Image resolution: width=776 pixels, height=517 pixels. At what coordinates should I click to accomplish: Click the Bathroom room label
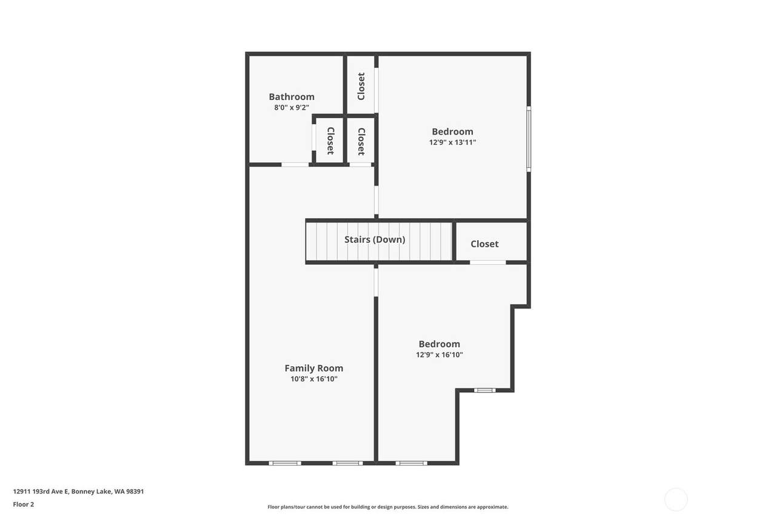(292, 96)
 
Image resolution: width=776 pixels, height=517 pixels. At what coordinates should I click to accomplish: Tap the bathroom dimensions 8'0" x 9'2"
(292, 107)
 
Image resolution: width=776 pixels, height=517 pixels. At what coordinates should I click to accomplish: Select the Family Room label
(314, 368)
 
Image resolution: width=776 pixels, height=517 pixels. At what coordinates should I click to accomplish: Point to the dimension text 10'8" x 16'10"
(314, 379)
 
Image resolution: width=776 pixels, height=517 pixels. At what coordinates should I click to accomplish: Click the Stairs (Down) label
(375, 239)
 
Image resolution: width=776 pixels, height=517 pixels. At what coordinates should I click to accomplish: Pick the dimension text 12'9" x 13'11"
(453, 142)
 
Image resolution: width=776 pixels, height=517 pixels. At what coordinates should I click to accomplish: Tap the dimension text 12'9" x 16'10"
(440, 355)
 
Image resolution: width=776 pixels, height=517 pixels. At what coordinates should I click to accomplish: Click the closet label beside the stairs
(484, 244)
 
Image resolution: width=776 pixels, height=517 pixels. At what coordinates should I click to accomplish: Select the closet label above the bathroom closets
(361, 86)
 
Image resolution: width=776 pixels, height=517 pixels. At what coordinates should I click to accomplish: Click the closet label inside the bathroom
(331, 141)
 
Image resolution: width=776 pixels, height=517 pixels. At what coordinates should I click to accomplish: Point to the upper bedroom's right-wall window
(529, 139)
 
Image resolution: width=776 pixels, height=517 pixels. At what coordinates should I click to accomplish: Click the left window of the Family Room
(285, 463)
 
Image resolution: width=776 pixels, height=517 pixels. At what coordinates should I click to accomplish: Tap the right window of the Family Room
(348, 463)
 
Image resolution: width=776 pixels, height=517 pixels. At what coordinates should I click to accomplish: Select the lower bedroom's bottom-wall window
(412, 463)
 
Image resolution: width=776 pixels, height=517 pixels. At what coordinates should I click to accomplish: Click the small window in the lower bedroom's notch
(485, 390)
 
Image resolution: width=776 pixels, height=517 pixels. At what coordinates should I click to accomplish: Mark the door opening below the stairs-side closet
(488, 262)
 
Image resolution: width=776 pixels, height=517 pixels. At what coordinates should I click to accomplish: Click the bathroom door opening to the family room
(295, 164)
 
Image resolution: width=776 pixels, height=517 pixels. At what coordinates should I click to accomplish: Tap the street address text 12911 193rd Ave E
(41, 492)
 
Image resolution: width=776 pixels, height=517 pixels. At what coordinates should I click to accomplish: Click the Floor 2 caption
(24, 504)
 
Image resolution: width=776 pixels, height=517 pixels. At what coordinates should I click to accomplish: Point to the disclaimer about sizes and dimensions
(388, 507)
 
